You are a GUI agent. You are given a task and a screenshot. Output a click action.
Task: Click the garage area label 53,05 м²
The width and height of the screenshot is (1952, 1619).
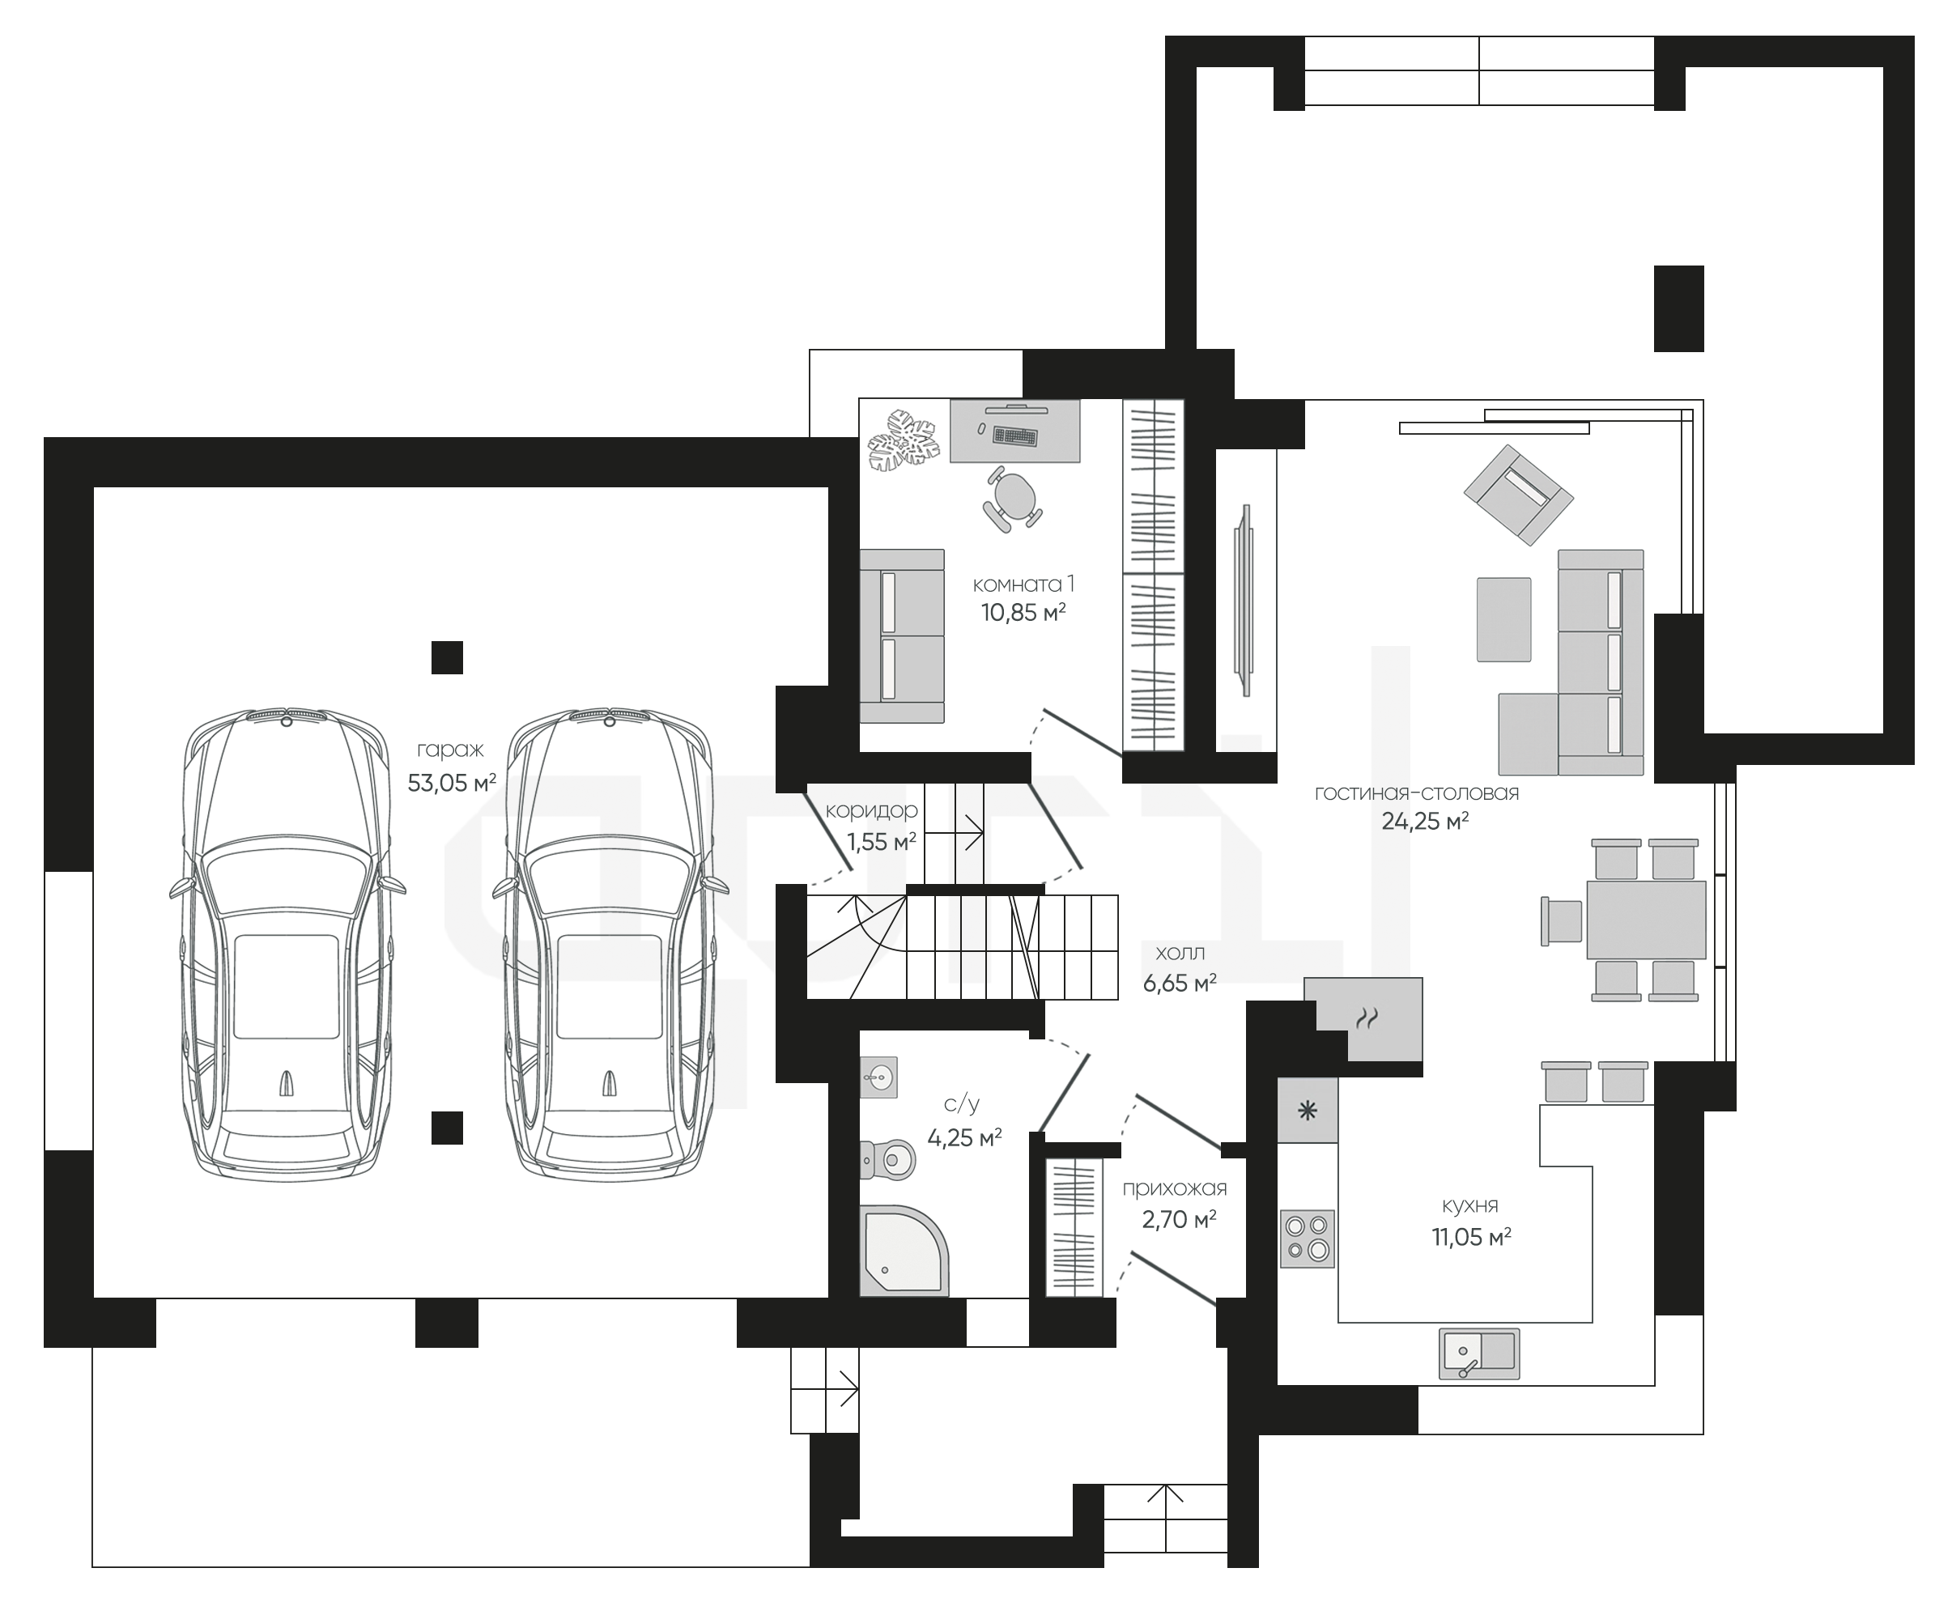(x=452, y=783)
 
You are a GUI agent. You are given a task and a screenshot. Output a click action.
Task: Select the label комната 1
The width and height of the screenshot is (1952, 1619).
(x=1023, y=584)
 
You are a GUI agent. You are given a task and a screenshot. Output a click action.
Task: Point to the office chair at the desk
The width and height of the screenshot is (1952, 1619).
(x=1011, y=498)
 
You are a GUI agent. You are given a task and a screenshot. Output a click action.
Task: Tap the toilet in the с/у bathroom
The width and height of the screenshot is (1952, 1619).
(x=887, y=1159)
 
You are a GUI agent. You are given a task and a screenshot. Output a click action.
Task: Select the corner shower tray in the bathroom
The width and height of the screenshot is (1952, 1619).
(x=904, y=1250)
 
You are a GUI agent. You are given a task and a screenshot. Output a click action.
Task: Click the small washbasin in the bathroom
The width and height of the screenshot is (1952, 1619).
(x=878, y=1078)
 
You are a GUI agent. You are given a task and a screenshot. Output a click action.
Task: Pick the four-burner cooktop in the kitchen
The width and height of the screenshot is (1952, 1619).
(x=1307, y=1239)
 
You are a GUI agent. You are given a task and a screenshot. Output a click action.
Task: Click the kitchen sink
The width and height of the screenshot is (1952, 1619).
(x=1480, y=1353)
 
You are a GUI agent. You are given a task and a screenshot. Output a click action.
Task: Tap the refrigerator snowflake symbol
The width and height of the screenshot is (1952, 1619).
(x=1307, y=1111)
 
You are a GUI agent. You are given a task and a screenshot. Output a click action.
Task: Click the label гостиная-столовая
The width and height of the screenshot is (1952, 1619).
(x=1417, y=793)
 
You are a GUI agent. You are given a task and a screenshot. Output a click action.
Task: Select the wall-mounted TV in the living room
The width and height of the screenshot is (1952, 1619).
(x=1242, y=601)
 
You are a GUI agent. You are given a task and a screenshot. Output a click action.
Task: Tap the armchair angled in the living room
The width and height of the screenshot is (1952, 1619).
(x=1518, y=495)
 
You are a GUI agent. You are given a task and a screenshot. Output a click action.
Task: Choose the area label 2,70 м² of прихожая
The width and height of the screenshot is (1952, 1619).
(x=1179, y=1219)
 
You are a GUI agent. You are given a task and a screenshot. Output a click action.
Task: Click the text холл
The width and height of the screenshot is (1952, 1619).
(x=1180, y=953)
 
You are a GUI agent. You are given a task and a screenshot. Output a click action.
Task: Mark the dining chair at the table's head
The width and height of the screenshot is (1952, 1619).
(x=1562, y=921)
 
